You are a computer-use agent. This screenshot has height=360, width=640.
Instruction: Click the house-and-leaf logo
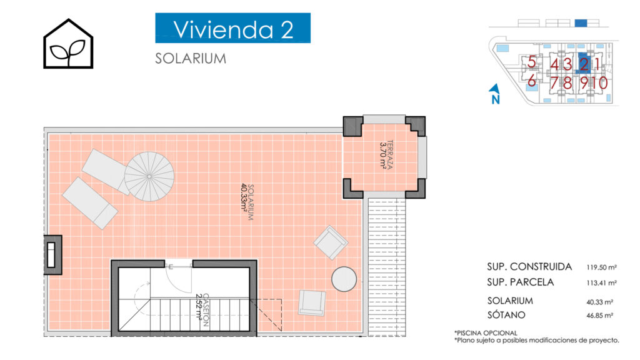point(68,43)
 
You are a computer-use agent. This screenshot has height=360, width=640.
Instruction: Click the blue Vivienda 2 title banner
point(232,27)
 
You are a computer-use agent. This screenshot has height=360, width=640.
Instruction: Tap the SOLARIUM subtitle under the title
point(191,58)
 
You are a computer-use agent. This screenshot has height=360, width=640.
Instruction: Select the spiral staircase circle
point(149,176)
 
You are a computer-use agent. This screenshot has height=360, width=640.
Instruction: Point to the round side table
point(344,279)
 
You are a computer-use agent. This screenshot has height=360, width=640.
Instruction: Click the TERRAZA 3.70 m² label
point(386,155)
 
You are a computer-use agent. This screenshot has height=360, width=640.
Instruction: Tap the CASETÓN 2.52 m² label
point(202,310)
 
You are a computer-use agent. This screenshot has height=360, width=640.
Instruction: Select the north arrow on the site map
point(495,94)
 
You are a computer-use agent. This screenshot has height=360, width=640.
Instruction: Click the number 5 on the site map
point(531,62)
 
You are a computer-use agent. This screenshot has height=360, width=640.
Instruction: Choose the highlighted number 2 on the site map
point(584,64)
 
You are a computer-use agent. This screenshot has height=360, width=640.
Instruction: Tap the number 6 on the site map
point(531,81)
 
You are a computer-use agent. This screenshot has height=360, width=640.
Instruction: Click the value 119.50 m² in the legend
point(602,267)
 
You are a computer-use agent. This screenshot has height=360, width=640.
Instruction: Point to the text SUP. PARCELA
point(521,282)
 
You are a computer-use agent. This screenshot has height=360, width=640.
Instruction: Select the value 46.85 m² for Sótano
point(599,316)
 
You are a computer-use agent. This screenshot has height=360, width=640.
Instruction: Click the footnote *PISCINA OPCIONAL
point(486,333)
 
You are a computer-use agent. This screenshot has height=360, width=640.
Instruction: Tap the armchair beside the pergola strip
point(331,242)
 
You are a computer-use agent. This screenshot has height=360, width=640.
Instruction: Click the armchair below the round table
point(312,303)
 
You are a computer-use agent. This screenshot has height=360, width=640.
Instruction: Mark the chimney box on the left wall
point(52,255)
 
